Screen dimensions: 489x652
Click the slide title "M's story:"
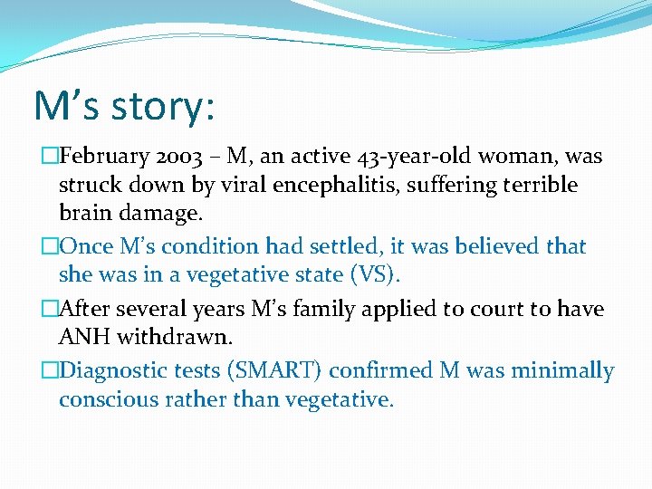click(124, 105)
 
